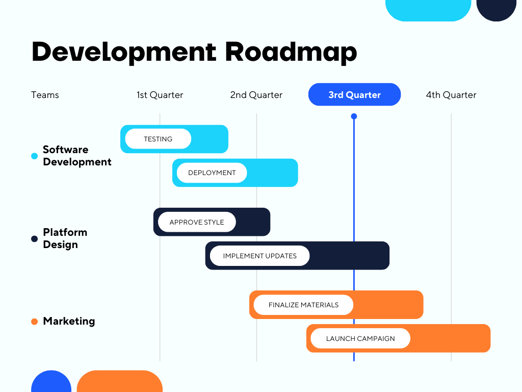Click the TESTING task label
(x=158, y=139)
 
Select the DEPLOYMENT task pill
(x=212, y=173)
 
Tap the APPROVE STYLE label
(x=197, y=222)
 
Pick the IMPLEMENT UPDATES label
(x=259, y=256)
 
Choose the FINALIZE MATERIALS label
(x=303, y=305)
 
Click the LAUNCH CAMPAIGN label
(x=360, y=338)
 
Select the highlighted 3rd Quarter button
(x=354, y=94)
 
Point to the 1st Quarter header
(x=160, y=95)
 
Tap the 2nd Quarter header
(x=256, y=95)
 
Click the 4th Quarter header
(x=451, y=95)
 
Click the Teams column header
(x=45, y=95)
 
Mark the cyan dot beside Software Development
(x=35, y=156)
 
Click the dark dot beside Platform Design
(x=35, y=239)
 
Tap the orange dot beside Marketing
(x=35, y=322)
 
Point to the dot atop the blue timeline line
(x=354, y=116)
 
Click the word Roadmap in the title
(x=291, y=52)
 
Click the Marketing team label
(x=69, y=321)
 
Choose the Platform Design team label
(x=65, y=238)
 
